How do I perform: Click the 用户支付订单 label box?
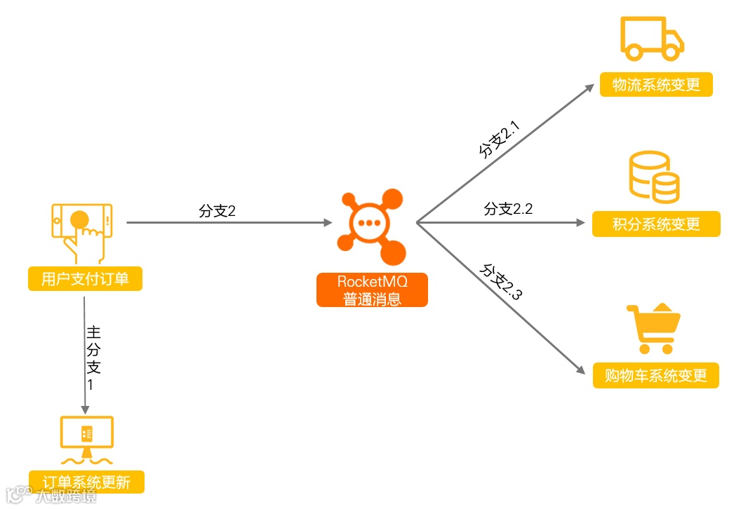(x=85, y=279)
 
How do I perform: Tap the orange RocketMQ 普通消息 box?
(x=372, y=290)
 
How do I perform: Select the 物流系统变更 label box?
(x=656, y=85)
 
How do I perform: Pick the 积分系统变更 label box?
(x=656, y=224)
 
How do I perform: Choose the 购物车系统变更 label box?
(x=656, y=375)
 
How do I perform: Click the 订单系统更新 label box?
(x=86, y=482)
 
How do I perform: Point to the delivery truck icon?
(x=652, y=39)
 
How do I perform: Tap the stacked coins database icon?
(x=654, y=177)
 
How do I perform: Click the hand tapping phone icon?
(x=81, y=230)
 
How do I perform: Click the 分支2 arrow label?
(x=217, y=211)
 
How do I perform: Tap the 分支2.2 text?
(x=508, y=209)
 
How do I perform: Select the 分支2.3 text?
(x=500, y=282)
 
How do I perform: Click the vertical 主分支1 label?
(x=93, y=357)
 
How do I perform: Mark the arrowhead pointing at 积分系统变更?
(x=580, y=223)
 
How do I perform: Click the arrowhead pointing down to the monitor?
(x=85, y=409)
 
